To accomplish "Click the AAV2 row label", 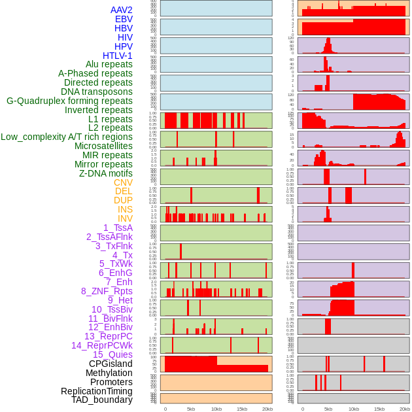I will click(122, 10).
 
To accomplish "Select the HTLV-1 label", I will click(118, 56).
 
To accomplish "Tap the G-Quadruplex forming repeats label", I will click(69, 101).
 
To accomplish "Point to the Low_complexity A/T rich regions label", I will click(67, 137).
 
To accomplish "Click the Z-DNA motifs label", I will click(106, 173).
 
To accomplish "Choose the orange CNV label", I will click(123, 182).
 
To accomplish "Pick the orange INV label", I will click(125, 218).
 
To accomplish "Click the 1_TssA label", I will click(118, 228).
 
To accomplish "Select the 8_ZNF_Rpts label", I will click(107, 291).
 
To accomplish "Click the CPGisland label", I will click(111, 364).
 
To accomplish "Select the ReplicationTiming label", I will click(96, 391).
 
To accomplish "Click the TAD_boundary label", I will click(102, 400).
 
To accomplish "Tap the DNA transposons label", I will click(97, 92).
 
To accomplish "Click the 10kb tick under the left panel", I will click(216, 409).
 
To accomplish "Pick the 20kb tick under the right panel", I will click(405, 409).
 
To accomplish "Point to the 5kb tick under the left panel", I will click(191, 409).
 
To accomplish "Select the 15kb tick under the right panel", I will click(379, 409).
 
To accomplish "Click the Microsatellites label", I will click(103, 146).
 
